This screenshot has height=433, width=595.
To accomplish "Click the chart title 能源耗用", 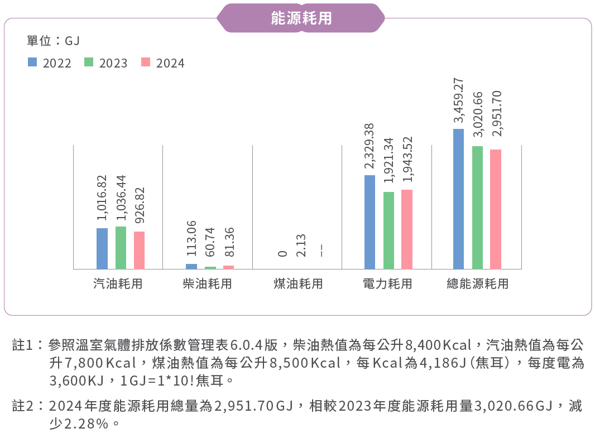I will tap(301, 18).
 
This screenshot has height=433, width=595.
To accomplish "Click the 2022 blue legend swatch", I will tap(32, 62).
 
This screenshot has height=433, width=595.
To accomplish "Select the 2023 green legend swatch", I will tap(89, 62).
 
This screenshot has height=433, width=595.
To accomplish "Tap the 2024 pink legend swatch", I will tap(146, 62).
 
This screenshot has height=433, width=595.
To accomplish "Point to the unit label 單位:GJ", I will tap(54, 41).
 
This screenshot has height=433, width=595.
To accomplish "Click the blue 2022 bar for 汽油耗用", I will tap(102, 248).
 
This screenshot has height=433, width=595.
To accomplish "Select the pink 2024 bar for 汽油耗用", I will tap(139, 250).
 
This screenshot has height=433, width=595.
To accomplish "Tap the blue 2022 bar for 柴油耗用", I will tap(191, 266).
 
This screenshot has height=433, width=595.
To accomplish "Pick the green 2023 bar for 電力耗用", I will tap(388, 230).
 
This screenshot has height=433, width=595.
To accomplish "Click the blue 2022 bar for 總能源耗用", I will tap(459, 199).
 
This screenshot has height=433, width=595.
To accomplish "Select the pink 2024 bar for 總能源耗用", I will tap(496, 209).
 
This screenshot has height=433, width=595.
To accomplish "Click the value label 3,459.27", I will tap(459, 100).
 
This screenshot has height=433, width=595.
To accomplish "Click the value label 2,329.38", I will tap(370, 146).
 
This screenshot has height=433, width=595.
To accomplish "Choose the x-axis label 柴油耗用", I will tap(207, 284).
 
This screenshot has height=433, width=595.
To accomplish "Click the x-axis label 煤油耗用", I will tap(298, 284).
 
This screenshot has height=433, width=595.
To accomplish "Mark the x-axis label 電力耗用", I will tap(387, 284).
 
